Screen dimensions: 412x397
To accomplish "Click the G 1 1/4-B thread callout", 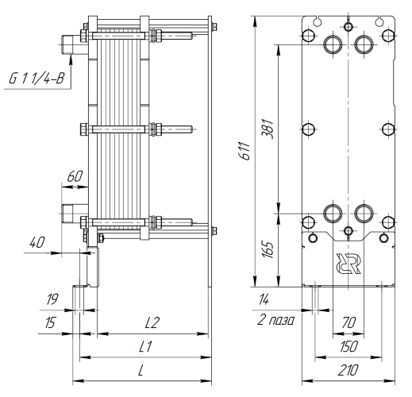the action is click(37, 79).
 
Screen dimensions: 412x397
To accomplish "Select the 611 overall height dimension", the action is click(245, 151).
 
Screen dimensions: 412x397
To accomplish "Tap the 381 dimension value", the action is click(268, 129).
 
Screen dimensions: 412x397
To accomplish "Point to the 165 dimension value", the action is click(268, 249).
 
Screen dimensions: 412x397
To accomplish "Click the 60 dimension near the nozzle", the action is click(75, 176).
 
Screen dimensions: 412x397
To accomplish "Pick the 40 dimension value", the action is click(37, 242).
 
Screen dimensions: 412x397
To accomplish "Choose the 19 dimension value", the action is click(52, 299).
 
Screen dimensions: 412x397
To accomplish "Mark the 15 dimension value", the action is click(50, 323).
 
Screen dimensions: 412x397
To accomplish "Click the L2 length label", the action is click(152, 322).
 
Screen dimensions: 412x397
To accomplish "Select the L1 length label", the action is click(145, 346).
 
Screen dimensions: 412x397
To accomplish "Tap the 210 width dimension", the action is click(348, 370).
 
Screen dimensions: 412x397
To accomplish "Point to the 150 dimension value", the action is click(348, 346).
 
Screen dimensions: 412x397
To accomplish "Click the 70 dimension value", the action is click(348, 322).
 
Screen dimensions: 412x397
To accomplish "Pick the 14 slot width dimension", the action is click(264, 299).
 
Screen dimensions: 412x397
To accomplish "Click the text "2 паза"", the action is click(275, 320).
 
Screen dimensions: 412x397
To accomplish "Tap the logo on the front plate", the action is click(348, 264).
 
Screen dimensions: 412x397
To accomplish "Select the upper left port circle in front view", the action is click(333, 44).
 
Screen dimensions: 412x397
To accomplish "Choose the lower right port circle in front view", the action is click(364, 214).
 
